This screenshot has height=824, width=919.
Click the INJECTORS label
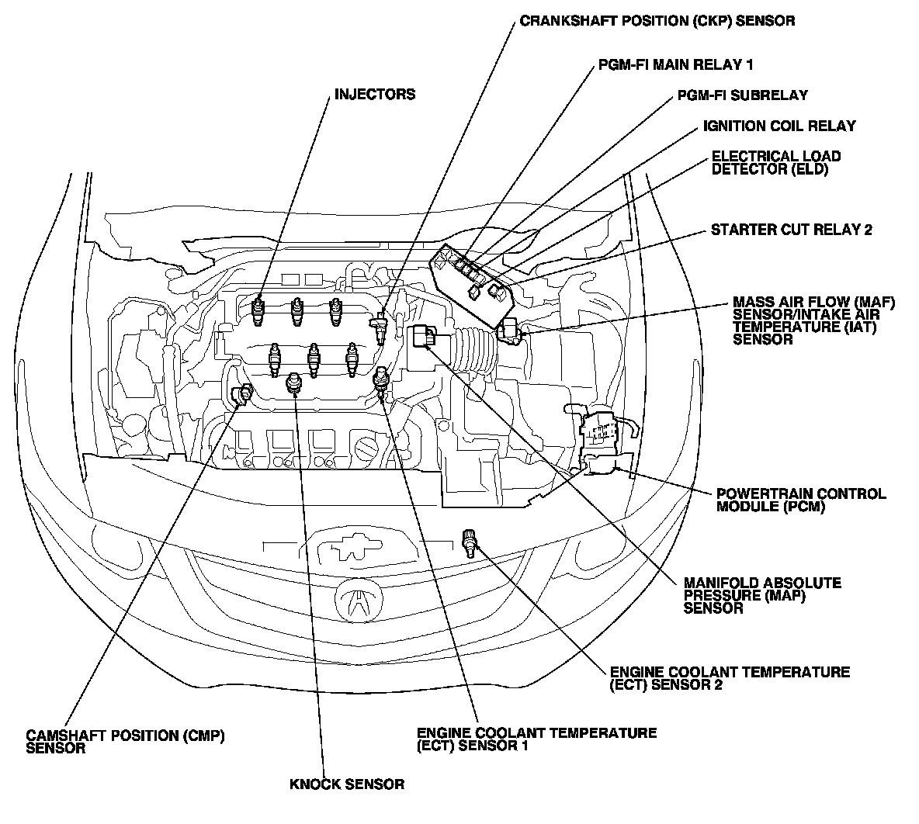(375, 95)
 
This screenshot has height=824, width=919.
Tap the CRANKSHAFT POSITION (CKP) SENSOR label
(657, 21)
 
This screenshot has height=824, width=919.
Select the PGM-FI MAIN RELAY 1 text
(675, 64)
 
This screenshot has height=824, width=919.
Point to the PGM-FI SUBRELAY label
(743, 95)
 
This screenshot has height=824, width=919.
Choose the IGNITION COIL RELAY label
(779, 126)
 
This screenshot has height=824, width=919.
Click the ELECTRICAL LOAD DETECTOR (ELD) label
(776, 163)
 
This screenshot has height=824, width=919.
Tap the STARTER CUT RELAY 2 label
(791, 229)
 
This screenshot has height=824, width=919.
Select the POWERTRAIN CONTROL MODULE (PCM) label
(801, 500)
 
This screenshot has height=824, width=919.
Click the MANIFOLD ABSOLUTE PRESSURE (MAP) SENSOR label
(762, 595)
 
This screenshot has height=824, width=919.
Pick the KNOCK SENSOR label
(347, 784)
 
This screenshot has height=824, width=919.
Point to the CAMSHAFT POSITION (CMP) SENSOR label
(126, 741)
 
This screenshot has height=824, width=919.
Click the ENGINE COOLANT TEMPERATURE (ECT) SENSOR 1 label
(536, 739)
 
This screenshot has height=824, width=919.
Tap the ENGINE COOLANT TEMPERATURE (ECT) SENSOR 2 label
(730, 678)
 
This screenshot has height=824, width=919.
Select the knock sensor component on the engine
(293, 383)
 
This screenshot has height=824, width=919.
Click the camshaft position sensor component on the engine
(242, 394)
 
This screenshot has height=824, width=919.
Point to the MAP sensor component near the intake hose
(422, 337)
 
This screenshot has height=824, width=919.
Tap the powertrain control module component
(599, 437)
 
